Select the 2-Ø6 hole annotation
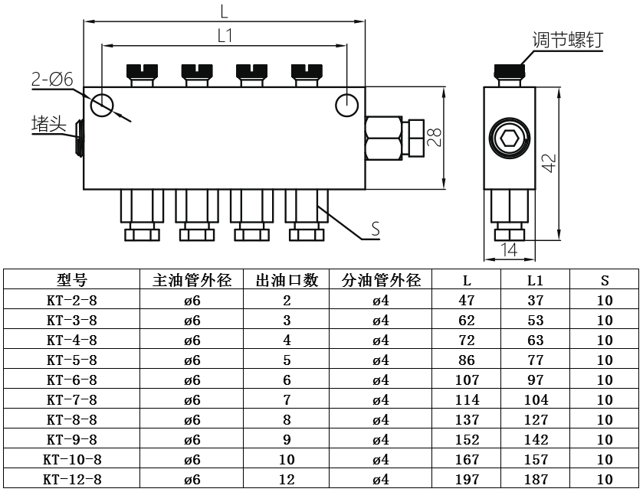click(51, 79)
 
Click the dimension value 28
click(435, 137)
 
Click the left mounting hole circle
click(102, 104)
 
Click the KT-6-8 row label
click(72, 380)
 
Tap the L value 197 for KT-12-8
click(467, 480)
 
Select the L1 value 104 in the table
click(536, 399)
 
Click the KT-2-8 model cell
click(72, 300)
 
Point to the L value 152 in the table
click(467, 440)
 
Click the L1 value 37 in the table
click(536, 300)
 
